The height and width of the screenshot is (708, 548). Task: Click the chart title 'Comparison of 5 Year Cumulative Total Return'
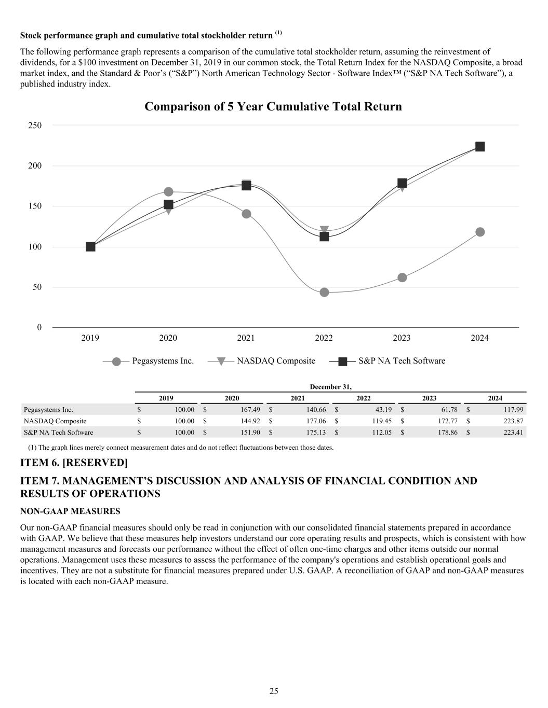273,106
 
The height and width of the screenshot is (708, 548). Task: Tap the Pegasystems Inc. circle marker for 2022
324,293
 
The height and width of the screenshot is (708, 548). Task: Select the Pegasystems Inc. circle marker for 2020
168,192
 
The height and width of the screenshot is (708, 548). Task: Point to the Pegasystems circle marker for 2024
480,232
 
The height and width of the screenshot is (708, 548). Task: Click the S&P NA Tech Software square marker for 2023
402,183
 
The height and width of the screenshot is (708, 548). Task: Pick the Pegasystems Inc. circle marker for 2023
402,277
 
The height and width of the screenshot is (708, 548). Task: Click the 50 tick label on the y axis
36,287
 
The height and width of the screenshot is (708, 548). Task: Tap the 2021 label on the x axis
246,338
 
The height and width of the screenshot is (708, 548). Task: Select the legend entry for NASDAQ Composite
276,361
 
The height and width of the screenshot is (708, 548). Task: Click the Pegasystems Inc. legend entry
163,361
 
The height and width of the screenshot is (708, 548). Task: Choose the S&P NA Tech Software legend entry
402,361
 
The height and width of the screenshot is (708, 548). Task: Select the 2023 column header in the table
429,398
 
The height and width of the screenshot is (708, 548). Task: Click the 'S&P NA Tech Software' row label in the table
59,433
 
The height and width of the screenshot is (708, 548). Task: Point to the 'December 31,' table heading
330,387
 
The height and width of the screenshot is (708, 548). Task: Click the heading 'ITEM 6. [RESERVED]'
73,462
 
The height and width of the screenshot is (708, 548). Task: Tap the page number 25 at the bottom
274,691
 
